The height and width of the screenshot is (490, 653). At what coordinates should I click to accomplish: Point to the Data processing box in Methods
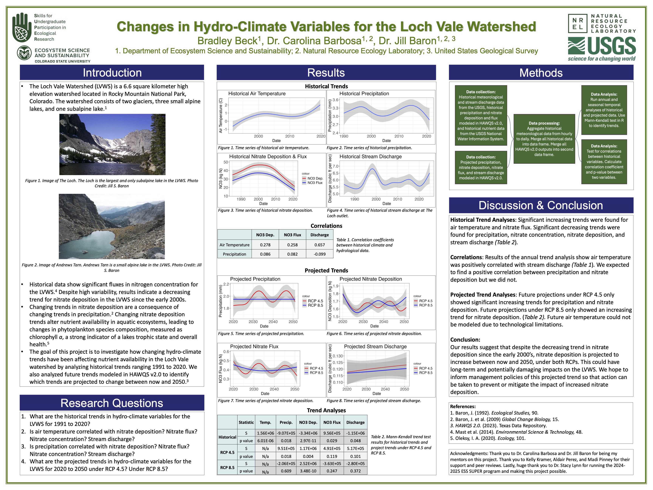click(x=544, y=139)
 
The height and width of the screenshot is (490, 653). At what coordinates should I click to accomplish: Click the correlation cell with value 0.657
click(x=320, y=245)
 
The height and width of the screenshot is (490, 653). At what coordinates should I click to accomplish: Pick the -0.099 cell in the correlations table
click(x=320, y=254)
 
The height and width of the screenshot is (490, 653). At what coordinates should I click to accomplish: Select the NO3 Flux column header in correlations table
click(x=292, y=235)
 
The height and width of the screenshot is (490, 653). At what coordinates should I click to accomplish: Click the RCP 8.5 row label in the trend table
click(x=227, y=468)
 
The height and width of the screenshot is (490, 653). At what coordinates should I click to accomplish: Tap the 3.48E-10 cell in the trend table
click(x=308, y=471)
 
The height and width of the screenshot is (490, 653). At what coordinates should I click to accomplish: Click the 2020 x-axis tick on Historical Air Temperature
click(x=321, y=136)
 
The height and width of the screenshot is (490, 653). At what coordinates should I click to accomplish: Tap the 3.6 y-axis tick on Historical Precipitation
click(x=335, y=100)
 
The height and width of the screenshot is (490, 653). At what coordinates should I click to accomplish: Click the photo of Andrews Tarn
click(x=112, y=226)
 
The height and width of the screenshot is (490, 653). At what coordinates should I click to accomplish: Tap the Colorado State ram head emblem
click(x=25, y=53)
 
